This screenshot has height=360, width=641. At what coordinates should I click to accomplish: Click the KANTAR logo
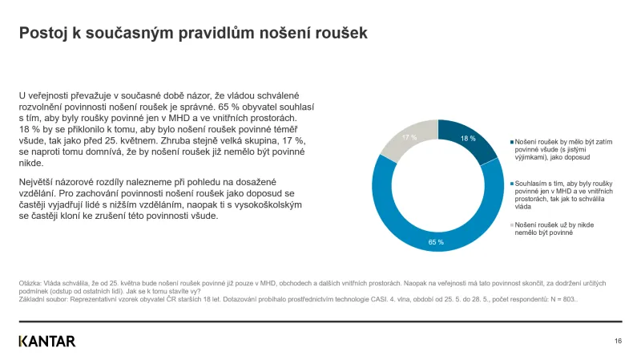click(47, 341)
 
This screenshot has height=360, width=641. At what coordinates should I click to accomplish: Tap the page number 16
click(618, 341)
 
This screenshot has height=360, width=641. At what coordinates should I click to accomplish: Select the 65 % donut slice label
click(436, 241)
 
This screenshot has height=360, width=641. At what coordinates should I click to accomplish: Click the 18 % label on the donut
click(468, 139)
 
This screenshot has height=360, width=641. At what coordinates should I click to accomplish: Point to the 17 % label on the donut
click(409, 138)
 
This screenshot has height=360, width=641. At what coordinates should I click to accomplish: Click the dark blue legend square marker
click(511, 141)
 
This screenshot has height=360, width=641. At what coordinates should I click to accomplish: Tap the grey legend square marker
click(511, 224)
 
